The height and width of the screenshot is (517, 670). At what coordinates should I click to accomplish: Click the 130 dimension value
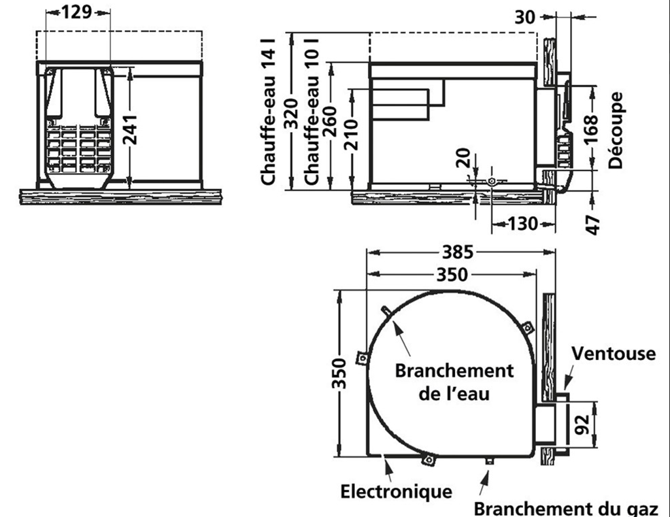(x=523, y=224)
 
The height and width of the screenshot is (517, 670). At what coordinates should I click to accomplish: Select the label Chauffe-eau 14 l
(x=269, y=111)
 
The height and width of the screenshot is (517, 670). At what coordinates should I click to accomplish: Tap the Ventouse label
(x=612, y=354)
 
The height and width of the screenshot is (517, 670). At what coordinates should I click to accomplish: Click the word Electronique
(x=396, y=491)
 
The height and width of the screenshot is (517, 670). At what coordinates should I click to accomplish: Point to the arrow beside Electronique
(x=388, y=469)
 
